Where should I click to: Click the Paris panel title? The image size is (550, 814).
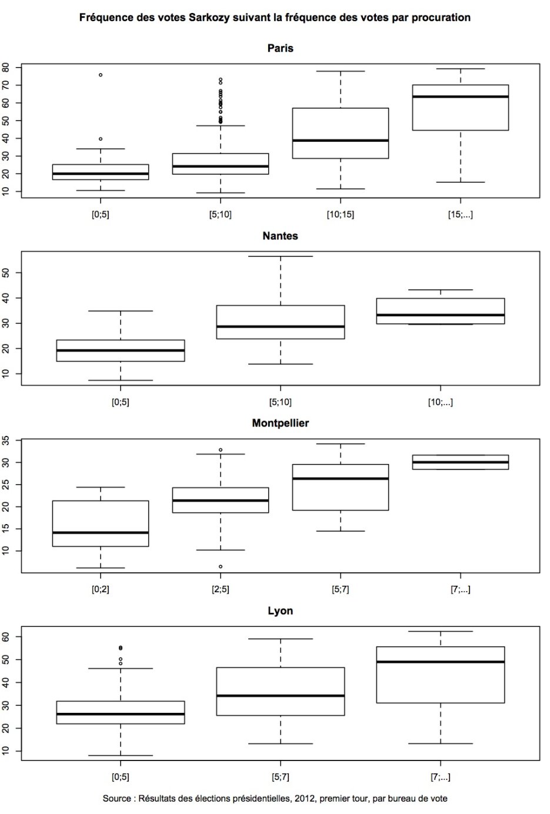pyautogui.click(x=280, y=48)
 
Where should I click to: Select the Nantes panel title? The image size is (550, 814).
pyautogui.click(x=280, y=236)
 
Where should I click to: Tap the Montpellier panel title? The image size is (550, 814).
pyautogui.click(x=280, y=423)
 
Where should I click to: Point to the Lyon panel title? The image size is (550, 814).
pyautogui.click(x=280, y=610)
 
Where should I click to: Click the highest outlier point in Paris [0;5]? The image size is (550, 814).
pyautogui.click(x=101, y=75)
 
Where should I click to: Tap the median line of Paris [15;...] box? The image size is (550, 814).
pyautogui.click(x=460, y=96)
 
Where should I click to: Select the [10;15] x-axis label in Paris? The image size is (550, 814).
pyautogui.click(x=341, y=215)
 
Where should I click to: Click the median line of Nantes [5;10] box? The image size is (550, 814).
pyautogui.click(x=280, y=326)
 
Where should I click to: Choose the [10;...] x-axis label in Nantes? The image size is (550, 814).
pyautogui.click(x=440, y=402)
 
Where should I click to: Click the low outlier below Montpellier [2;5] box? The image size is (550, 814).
pyautogui.click(x=221, y=566)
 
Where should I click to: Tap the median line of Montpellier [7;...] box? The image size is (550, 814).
pyautogui.click(x=460, y=462)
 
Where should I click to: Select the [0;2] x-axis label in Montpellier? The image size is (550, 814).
pyautogui.click(x=101, y=589)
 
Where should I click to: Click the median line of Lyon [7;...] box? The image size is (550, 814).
pyautogui.click(x=440, y=662)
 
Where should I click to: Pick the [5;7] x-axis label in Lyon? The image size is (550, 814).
pyautogui.click(x=280, y=777)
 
